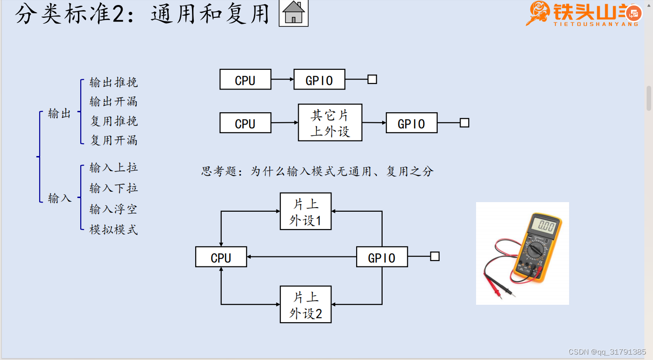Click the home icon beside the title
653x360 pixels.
pyautogui.click(x=294, y=13)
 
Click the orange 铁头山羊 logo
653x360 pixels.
pyautogui.click(x=584, y=14)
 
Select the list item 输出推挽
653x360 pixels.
pyautogui.click(x=114, y=83)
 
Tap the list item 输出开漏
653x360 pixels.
pyautogui.click(x=114, y=102)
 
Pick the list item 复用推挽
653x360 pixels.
pyautogui.click(x=114, y=121)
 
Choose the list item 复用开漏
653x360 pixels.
pyautogui.click(x=114, y=141)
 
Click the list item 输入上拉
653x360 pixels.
pyautogui.click(x=114, y=168)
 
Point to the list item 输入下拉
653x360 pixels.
pyautogui.click(x=114, y=188)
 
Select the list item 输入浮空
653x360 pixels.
pyautogui.click(x=114, y=209)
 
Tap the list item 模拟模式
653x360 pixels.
pyautogui.click(x=114, y=230)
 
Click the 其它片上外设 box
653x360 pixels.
pyautogui.click(x=330, y=122)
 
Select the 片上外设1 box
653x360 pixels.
pyautogui.click(x=306, y=211)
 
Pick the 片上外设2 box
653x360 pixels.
pyautogui.click(x=306, y=304)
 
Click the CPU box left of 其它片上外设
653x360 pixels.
pyautogui.click(x=245, y=123)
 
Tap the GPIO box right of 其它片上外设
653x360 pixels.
pyautogui.click(x=411, y=123)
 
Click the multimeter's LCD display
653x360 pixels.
pyautogui.click(x=546, y=226)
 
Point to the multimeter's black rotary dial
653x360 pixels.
pyautogui.click(x=535, y=250)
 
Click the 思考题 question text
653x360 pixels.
pyautogui.click(x=317, y=172)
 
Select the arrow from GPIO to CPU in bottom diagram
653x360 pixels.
pyautogui.click(x=301, y=257)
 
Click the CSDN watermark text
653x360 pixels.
pyautogui.click(x=607, y=352)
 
